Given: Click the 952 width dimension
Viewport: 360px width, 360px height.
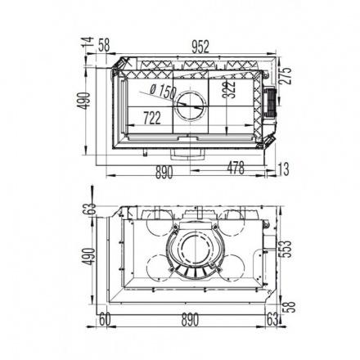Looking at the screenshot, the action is pyautogui.click(x=200, y=47).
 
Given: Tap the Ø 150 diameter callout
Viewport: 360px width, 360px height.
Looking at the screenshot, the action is pyautogui.click(x=163, y=91).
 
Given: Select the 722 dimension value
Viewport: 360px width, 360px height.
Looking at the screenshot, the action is pyautogui.click(x=152, y=119).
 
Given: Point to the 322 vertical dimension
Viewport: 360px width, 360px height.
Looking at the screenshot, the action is pyautogui.click(x=228, y=89).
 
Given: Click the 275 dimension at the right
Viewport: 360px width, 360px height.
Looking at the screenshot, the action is pyautogui.click(x=286, y=75).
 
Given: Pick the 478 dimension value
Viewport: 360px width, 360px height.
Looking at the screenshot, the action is pyautogui.click(x=236, y=168).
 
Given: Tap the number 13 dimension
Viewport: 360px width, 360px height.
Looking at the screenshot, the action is pyautogui.click(x=283, y=169).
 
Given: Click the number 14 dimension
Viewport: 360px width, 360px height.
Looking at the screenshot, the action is pyautogui.click(x=88, y=43).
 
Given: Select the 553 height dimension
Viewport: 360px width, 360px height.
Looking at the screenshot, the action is pyautogui.click(x=286, y=249).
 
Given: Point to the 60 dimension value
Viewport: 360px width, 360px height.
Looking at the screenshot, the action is pyautogui.click(x=105, y=320).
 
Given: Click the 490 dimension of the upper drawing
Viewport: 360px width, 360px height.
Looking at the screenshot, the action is pyautogui.click(x=83, y=101).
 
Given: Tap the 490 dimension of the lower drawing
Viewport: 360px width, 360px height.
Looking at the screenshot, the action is pyautogui.click(x=89, y=256).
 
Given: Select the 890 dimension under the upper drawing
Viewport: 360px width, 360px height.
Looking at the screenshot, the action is pyautogui.click(x=164, y=173).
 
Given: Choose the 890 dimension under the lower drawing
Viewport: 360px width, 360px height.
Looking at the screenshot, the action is pyautogui.click(x=190, y=320).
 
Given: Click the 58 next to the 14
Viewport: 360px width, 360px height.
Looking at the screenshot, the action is pyautogui.click(x=104, y=45).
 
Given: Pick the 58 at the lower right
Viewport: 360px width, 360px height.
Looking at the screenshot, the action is pyautogui.click(x=289, y=307).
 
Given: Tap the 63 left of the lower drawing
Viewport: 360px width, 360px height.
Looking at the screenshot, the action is pyautogui.click(x=91, y=209).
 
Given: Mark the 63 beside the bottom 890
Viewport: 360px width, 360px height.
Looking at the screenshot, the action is pyautogui.click(x=272, y=320).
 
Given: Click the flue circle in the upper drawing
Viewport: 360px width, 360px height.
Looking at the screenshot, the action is pyautogui.click(x=191, y=105).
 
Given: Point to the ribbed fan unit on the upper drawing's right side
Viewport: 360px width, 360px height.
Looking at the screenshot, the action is pyautogui.click(x=271, y=102).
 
